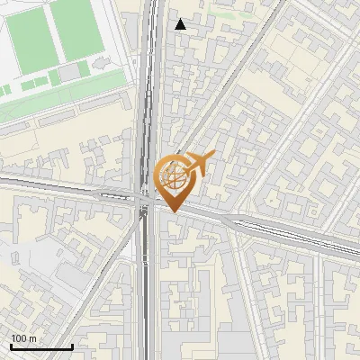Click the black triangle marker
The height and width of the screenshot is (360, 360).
(x=181, y=24)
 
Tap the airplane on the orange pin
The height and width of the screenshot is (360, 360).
(x=199, y=163)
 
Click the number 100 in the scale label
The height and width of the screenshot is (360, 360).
(x=20, y=338)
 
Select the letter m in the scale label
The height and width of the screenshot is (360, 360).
(x=33, y=338)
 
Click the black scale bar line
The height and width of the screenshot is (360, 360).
(x=40, y=346)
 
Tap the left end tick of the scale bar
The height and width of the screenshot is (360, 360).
(x=10, y=346)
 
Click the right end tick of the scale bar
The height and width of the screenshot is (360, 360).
(x=72, y=346)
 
